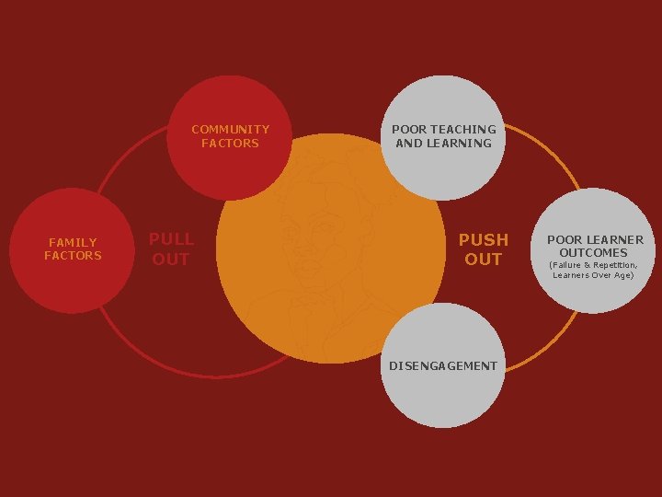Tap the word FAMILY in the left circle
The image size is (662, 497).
73,242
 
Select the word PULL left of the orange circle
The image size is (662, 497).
171,239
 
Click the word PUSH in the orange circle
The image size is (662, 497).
484,239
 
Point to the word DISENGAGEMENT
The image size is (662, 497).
443,365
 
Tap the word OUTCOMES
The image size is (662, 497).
594,252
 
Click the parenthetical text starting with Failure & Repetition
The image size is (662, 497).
593,265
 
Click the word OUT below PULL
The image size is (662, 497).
171,260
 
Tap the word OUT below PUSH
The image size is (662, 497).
484,260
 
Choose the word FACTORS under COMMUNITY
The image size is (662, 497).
230,143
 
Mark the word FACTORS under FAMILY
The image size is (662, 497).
73,255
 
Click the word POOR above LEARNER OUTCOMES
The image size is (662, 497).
564,239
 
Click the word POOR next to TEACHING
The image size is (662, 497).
408,130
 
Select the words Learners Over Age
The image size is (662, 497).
593,275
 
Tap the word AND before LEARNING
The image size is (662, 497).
408,143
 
